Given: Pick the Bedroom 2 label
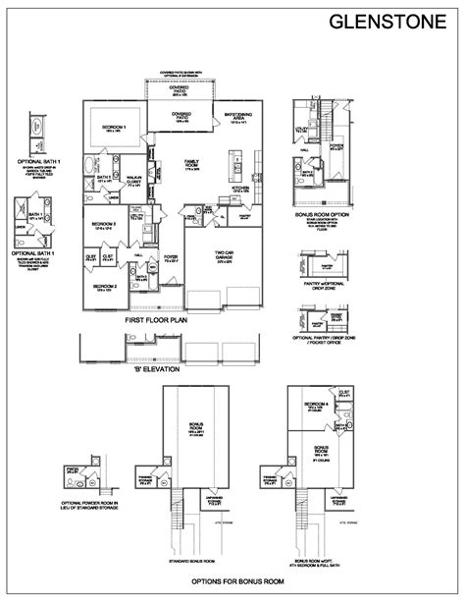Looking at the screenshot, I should (x=106, y=286).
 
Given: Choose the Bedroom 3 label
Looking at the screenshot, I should (x=104, y=225).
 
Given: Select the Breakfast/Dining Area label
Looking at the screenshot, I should (x=240, y=116).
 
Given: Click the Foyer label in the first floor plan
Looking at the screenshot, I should (x=171, y=261).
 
